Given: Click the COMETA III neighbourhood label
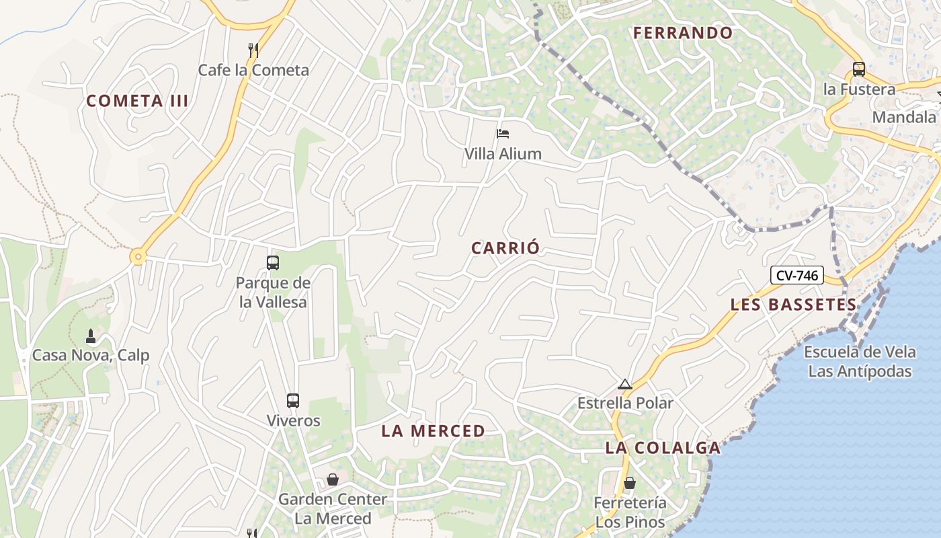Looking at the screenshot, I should (137, 101).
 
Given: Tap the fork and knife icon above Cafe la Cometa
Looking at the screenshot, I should (253, 50).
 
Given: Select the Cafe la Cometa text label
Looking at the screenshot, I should (253, 70).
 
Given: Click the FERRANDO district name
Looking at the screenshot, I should (683, 33).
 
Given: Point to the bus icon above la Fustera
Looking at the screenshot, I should (858, 69).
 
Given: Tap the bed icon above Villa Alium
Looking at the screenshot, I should (503, 134).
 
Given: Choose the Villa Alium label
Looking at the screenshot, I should (503, 153).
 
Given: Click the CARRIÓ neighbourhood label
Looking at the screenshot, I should (505, 248).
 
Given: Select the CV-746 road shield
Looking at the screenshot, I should (797, 275).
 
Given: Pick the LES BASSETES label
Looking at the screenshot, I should (794, 305).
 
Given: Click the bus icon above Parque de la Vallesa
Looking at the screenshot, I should (273, 263).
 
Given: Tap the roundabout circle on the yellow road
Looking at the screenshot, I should (138, 256).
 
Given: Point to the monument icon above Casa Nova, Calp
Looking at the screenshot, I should (91, 336).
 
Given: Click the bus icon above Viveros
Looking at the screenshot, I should (293, 401).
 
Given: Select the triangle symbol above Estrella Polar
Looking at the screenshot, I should (625, 385).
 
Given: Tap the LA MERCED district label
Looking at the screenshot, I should (434, 431).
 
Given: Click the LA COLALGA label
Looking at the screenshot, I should (663, 448).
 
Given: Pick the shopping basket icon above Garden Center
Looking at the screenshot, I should (332, 479).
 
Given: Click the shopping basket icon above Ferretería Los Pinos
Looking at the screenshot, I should (630, 483).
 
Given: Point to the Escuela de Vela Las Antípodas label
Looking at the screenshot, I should (860, 362).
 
